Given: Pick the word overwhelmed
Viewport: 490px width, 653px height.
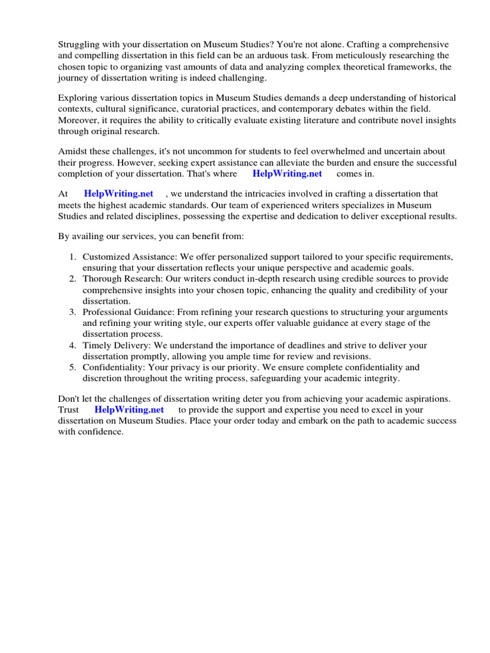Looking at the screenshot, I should [x=352, y=151].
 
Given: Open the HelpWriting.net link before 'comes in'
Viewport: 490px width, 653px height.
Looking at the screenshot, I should [x=287, y=173].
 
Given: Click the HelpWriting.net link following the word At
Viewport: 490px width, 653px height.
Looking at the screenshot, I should [x=119, y=194].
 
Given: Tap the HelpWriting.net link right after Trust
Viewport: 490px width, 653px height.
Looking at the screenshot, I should [x=129, y=409].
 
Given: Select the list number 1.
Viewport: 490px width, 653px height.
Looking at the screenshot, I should [x=73, y=257].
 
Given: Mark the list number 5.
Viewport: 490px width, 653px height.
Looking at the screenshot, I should [x=73, y=367].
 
